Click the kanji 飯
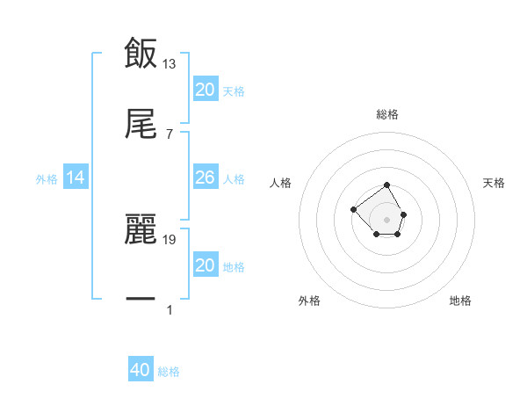[141, 53]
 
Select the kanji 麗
[141, 231]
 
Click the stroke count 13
[170, 63]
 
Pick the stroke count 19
[170, 239]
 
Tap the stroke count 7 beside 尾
[170, 134]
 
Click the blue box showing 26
[205, 178]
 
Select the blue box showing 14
[76, 178]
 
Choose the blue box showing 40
[141, 370]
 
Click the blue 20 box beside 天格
[205, 90]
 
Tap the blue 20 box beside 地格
[205, 265]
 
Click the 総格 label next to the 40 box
[169, 372]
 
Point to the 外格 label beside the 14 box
[47, 179]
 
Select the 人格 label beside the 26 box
[234, 179]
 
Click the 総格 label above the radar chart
[387, 114]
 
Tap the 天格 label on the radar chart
[494, 183]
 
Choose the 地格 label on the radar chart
[460, 301]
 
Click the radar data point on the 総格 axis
[387, 185]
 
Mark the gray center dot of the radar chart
[387, 219]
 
